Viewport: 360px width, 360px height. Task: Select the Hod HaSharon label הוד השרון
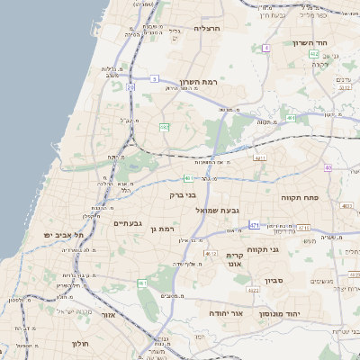[314, 42]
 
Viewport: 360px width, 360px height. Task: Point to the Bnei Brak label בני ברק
[183, 193]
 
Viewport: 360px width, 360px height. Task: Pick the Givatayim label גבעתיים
[127, 222]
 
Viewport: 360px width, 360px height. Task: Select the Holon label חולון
[79, 344]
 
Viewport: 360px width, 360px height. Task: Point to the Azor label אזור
[109, 315]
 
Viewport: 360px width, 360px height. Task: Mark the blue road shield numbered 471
[255, 224]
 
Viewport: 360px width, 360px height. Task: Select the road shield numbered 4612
[211, 254]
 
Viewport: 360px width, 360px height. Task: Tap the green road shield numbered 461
[142, 283]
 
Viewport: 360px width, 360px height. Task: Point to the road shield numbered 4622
[253, 290]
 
